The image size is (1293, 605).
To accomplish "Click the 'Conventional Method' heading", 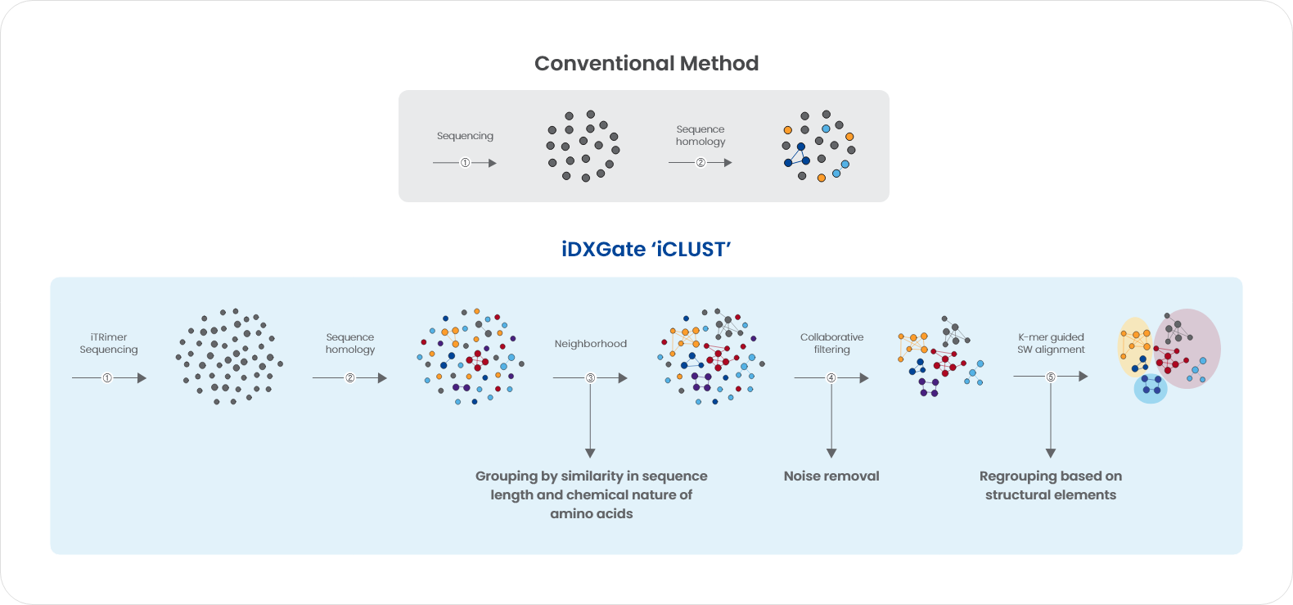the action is (x=646, y=63).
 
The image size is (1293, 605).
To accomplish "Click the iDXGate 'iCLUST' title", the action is (x=646, y=250).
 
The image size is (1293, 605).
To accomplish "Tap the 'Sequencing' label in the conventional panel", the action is (x=466, y=136).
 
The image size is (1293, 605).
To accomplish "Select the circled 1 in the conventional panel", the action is (x=466, y=163).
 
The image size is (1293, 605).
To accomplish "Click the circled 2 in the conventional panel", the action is (x=701, y=163).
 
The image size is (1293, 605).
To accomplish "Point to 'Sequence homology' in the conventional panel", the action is (x=701, y=135).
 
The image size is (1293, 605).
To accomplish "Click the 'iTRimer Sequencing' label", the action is (x=109, y=343).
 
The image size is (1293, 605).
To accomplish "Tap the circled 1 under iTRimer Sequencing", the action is (x=107, y=378).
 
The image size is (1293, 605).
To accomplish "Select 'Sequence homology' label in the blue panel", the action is (x=349, y=343).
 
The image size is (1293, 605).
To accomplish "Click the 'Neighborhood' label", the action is (x=591, y=344).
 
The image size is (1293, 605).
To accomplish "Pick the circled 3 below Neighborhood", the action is (x=591, y=378).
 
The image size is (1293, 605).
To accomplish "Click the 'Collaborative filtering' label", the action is (x=831, y=343).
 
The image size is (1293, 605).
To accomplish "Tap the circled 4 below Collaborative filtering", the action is (x=831, y=378).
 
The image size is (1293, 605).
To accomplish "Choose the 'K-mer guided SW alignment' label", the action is (x=1051, y=343).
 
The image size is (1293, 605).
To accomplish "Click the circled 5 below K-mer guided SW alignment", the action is (x=1051, y=377).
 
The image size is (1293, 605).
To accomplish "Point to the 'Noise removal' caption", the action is (x=831, y=476).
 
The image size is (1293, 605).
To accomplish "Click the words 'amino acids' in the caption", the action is (x=592, y=514).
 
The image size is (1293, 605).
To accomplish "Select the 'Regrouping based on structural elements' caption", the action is (x=1051, y=485).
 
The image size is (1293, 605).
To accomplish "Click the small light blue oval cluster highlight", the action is (x=1151, y=389).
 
